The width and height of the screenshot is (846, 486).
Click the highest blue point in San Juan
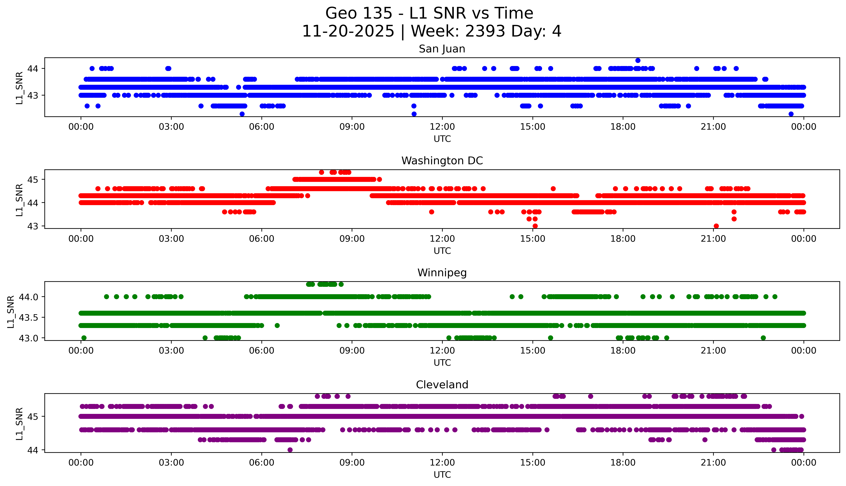638,60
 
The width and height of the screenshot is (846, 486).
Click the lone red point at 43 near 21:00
716,226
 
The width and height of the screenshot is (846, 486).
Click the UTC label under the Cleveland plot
442,475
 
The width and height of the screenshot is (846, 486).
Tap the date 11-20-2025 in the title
348,31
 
